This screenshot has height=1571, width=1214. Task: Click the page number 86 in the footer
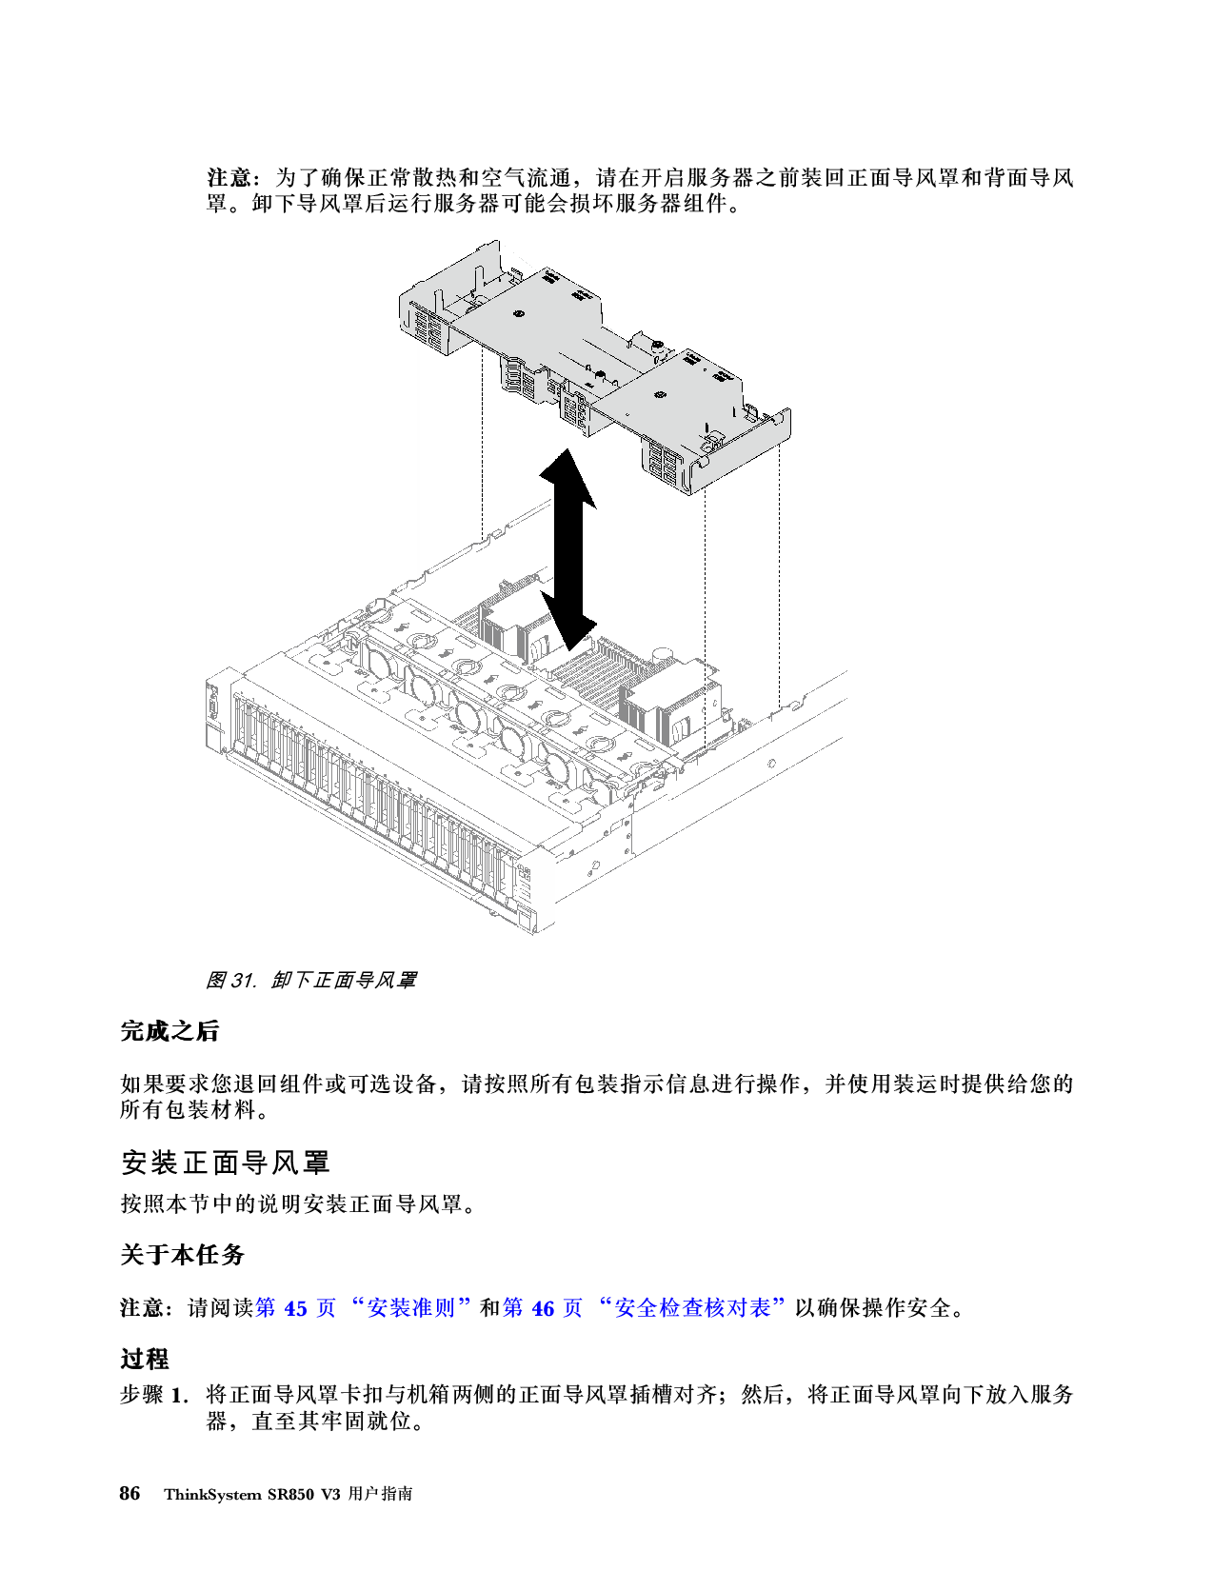(x=129, y=1493)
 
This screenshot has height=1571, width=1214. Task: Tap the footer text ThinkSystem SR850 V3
(x=251, y=1494)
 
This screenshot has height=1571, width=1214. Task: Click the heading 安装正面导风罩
(x=225, y=1163)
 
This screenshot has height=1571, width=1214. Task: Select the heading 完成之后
(x=169, y=1031)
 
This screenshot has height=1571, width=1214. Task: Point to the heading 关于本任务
(x=183, y=1255)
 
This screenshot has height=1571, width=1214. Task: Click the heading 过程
(x=145, y=1359)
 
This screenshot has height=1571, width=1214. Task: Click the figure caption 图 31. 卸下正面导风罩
(x=310, y=980)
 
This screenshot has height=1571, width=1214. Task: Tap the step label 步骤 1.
(x=154, y=1395)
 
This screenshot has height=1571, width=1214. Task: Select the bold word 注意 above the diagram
(x=229, y=178)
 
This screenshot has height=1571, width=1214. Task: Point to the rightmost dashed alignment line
(x=780, y=571)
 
